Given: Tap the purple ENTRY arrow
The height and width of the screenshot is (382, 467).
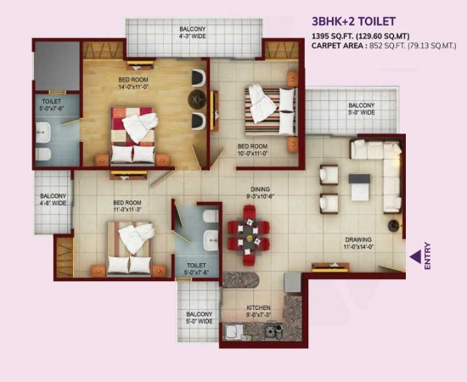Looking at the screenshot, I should point(415,256).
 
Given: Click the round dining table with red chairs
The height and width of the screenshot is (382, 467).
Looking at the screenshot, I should point(249,230).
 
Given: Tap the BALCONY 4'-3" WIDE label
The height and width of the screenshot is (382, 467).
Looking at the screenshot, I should point(193,33).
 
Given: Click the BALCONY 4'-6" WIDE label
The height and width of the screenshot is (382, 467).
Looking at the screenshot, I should point(53,199).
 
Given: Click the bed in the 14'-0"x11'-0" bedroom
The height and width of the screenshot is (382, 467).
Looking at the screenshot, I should point(133,136).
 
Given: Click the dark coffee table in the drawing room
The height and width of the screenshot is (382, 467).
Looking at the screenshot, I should point(360,185).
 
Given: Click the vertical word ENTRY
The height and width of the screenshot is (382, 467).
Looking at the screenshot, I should point(427,256).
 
